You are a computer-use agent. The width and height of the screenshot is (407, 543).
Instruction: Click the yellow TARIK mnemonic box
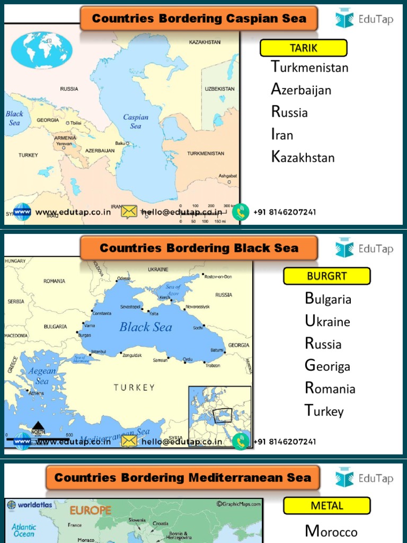(303, 48)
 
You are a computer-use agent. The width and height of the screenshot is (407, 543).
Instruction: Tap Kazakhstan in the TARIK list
(303, 157)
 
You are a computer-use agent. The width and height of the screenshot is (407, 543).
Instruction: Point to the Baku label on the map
(120, 143)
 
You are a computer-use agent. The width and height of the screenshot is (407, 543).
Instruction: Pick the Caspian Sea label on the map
(136, 121)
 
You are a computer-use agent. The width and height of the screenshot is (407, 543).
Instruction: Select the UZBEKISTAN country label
(219, 89)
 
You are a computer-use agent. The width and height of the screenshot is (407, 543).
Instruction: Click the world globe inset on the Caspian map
(41, 50)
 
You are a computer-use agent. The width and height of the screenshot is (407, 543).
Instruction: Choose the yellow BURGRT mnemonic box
(326, 276)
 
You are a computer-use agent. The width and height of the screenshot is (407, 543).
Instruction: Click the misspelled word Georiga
(327, 366)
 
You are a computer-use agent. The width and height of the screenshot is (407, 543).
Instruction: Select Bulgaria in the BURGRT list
(328, 299)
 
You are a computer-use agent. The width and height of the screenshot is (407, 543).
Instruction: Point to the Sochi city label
(198, 328)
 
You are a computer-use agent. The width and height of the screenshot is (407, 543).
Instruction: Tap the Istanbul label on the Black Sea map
(99, 352)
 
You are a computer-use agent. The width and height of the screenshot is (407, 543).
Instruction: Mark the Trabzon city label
(213, 365)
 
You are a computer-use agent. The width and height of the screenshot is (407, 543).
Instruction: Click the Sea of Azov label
(173, 290)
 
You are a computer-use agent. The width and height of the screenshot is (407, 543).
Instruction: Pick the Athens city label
(37, 393)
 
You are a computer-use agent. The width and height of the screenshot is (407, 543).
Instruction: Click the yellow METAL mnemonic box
(326, 506)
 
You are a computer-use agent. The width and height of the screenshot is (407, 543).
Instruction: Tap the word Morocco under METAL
(331, 531)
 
